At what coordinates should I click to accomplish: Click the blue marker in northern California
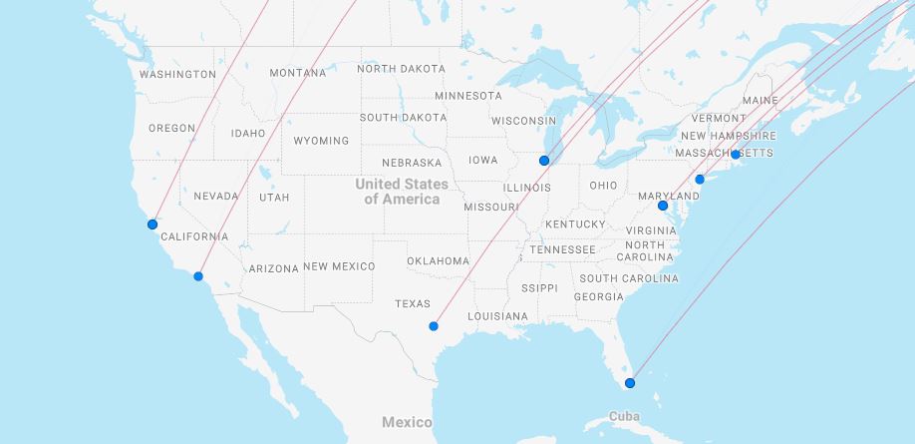point(152,224)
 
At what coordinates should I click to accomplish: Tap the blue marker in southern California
point(198,276)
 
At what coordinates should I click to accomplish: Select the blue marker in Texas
point(434,326)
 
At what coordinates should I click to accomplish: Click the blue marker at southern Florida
point(629,383)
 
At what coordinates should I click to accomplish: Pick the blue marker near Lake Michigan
point(544,161)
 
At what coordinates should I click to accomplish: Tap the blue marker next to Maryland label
point(663,206)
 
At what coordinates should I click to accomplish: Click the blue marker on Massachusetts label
point(736,155)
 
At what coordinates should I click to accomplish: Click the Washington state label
point(177,75)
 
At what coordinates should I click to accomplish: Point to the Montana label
point(297,73)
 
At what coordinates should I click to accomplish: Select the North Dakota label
point(402,69)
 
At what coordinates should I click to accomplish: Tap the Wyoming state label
point(321,141)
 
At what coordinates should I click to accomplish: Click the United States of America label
point(402,192)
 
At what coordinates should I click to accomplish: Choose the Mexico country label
point(407,422)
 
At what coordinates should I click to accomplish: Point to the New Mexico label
point(339,266)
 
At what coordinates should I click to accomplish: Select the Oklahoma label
point(438,261)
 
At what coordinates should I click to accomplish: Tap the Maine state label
point(760,101)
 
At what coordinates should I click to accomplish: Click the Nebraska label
point(412,163)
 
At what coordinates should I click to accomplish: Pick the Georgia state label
point(599,297)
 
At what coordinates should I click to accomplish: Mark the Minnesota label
point(468,96)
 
